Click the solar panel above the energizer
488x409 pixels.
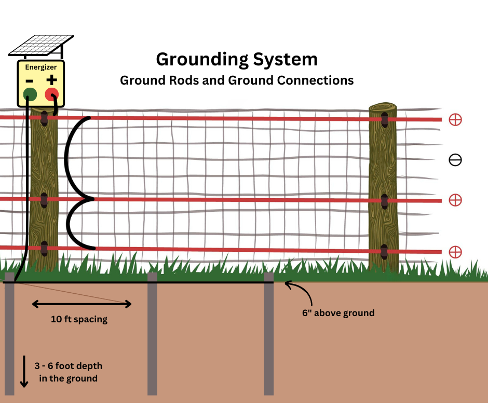point(41,46)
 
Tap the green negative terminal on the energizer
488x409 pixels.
point(30,94)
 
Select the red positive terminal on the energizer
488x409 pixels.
point(52,94)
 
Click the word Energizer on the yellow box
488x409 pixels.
point(41,67)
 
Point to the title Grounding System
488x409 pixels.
point(237,59)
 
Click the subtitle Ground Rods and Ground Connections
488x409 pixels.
point(237,80)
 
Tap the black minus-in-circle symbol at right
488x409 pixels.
point(455,160)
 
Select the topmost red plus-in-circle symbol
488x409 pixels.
point(455,119)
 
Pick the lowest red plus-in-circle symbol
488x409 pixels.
point(455,252)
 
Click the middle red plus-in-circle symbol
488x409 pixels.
point(455,200)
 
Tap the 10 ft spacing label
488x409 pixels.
point(79,319)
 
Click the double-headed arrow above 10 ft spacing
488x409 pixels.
point(82,304)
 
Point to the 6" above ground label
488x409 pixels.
point(338,313)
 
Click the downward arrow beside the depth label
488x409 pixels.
point(24,372)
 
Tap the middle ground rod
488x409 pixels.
point(152,334)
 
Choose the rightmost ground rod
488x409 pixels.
point(269,334)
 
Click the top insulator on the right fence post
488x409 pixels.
point(385,120)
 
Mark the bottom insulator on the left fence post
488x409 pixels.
point(44,249)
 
